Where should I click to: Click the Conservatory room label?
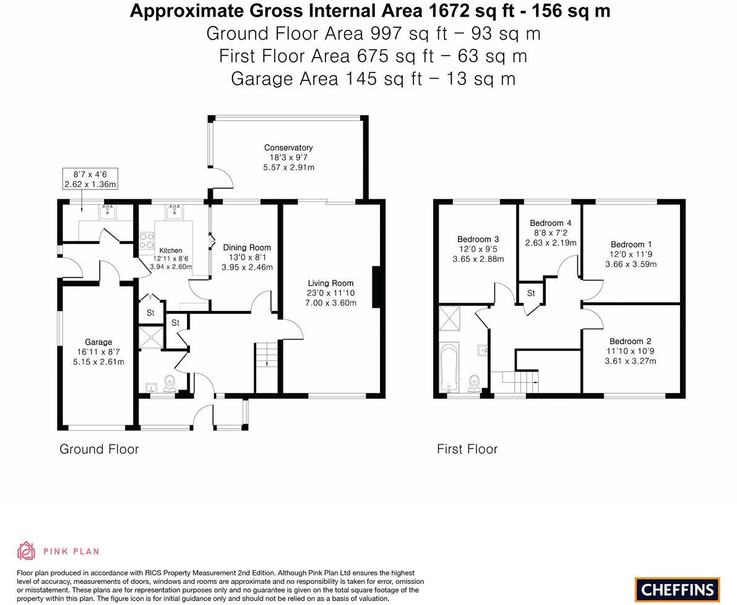[288, 147]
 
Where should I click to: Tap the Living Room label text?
[330, 283]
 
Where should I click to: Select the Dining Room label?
[247, 248]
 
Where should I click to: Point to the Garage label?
[98, 342]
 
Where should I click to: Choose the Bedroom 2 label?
[630, 341]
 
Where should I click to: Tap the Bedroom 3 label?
[478, 239]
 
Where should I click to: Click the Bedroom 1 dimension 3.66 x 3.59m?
[631, 264]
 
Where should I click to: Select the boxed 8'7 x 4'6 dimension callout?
[90, 179]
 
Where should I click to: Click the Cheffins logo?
[677, 590]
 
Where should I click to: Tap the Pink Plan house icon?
[27, 551]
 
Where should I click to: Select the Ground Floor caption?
[99, 449]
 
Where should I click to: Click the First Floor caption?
[467, 449]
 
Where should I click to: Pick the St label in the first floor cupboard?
[531, 294]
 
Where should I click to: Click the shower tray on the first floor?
[447, 320]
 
